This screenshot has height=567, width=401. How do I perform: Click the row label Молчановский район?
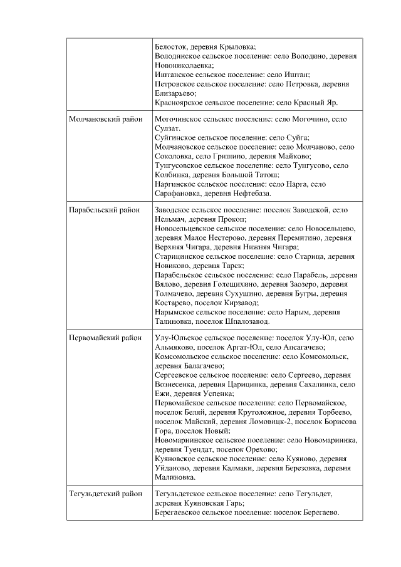coord(105,119)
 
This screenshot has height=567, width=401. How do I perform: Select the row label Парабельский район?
coord(104,210)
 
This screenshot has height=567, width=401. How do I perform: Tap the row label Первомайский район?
coord(105,338)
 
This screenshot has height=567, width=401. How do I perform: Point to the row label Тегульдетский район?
coord(105,494)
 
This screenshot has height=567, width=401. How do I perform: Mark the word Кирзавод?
coord(229,303)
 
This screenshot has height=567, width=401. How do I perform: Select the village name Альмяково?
coord(175,347)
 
